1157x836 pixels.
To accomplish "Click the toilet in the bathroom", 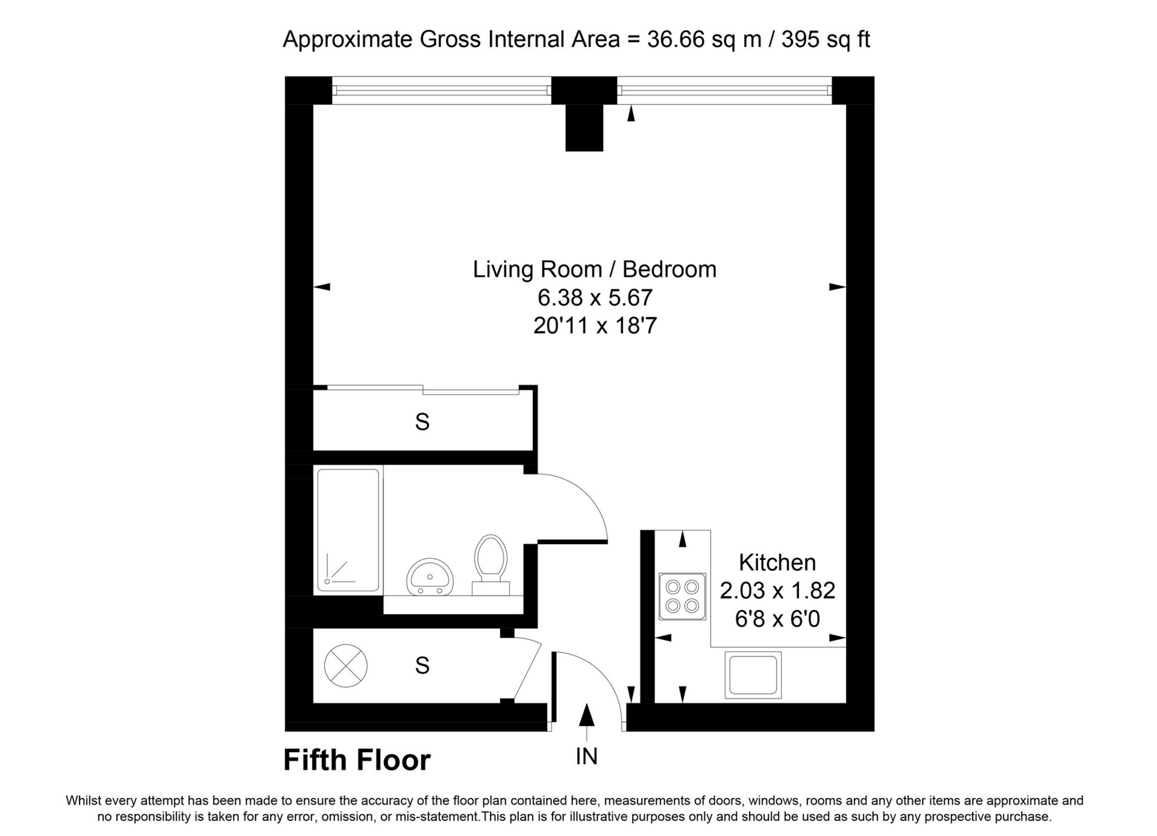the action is pos(491,565).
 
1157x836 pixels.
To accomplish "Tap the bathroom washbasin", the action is pos(430,576).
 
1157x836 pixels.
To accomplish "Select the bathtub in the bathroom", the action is pos(349,530).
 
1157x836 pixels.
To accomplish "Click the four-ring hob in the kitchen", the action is pos(682,596).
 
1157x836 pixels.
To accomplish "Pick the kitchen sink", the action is pos(753,674).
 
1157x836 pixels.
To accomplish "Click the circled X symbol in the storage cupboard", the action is pos(345,665).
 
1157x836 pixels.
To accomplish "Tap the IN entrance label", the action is pos(586,756).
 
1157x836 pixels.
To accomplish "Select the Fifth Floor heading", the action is pos(357,760).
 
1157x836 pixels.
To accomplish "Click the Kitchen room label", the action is pos(777,562).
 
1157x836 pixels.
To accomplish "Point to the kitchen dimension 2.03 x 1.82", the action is pos(777,591).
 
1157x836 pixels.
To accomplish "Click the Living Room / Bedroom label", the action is pos(595,269).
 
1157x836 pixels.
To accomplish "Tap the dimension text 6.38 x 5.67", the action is pos(595,298).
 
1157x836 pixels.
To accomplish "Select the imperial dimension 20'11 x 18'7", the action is pos(595,326).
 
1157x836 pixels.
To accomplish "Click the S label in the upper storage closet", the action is pos(422,422).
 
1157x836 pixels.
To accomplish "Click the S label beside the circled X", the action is pos(422,665).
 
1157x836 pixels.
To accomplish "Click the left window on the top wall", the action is pos(442,90).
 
